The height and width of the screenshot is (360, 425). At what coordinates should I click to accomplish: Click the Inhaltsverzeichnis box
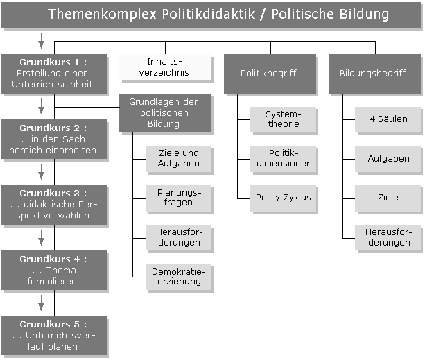(x=164, y=67)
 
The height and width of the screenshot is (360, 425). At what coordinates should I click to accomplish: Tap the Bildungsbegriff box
(x=374, y=73)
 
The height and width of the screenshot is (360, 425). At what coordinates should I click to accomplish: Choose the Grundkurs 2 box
(x=54, y=139)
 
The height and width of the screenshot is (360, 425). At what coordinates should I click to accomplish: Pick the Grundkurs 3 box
(x=54, y=205)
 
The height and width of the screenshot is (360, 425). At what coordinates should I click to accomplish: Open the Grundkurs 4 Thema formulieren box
(x=54, y=270)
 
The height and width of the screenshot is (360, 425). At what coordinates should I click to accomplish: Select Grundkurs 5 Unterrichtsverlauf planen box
(x=54, y=335)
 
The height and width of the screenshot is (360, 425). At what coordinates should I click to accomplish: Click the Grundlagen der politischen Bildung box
(x=163, y=112)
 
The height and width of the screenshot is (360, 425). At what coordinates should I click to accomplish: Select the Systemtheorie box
(x=282, y=119)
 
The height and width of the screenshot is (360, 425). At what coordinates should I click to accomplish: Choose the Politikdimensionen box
(x=282, y=158)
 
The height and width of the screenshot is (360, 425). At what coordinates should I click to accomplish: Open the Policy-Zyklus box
(x=282, y=197)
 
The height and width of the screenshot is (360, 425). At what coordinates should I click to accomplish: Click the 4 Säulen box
(x=388, y=119)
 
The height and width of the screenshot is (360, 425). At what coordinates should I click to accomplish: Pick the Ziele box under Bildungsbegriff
(x=388, y=197)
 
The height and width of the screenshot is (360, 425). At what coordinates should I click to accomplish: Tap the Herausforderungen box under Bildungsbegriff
(x=388, y=237)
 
